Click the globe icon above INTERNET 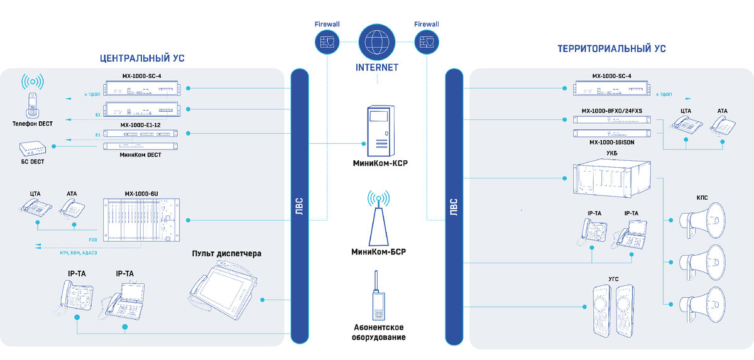click(x=376, y=41)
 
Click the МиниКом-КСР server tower click(x=381, y=131)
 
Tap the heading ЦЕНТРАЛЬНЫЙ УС click(x=142, y=58)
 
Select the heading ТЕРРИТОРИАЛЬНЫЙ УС click(x=611, y=48)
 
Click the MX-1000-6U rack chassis click(x=141, y=220)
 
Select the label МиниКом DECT click(x=140, y=155)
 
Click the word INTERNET click(x=376, y=67)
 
